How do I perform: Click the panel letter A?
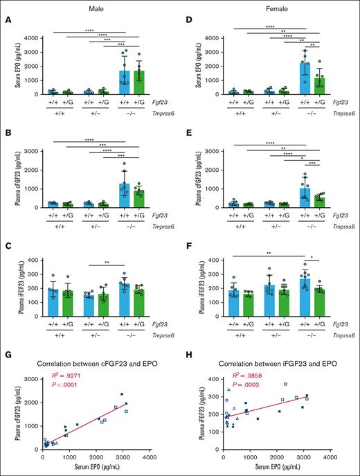[x=6, y=19]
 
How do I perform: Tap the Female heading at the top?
[x=272, y=6]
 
